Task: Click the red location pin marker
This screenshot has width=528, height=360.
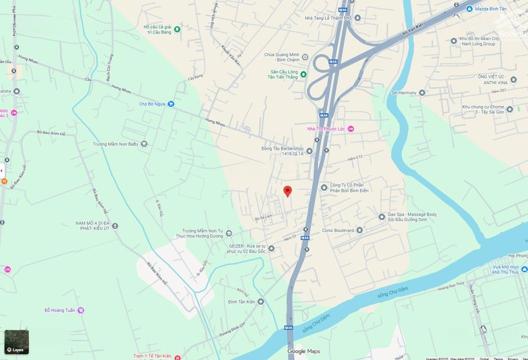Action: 288,191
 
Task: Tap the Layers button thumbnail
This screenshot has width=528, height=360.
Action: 16,342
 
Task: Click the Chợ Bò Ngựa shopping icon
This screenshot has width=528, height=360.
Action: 171,104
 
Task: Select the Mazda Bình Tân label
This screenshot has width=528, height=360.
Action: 491,9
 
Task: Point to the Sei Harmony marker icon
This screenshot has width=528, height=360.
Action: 422,92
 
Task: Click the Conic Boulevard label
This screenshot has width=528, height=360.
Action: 338,230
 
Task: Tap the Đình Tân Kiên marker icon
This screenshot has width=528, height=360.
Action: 261,301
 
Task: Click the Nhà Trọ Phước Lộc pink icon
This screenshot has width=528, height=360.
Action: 351,129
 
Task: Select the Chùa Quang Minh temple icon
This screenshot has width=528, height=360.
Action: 305,57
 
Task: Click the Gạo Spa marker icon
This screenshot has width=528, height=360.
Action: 382,217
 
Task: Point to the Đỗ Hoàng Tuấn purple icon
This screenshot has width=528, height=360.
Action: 81,310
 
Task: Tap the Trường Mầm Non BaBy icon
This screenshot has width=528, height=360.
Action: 144,144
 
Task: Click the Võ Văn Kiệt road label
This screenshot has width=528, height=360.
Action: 412,30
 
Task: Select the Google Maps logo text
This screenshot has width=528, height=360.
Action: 303,351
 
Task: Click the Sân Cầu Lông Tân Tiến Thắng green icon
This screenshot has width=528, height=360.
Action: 303,74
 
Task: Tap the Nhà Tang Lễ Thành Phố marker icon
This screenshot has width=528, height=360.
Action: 357,18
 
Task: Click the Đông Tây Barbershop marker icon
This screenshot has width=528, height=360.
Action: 309,151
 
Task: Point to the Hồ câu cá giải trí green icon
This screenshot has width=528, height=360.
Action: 176,29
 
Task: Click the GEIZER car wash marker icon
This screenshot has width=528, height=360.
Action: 271,248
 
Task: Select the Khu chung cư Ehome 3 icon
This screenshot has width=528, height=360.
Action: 510,109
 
